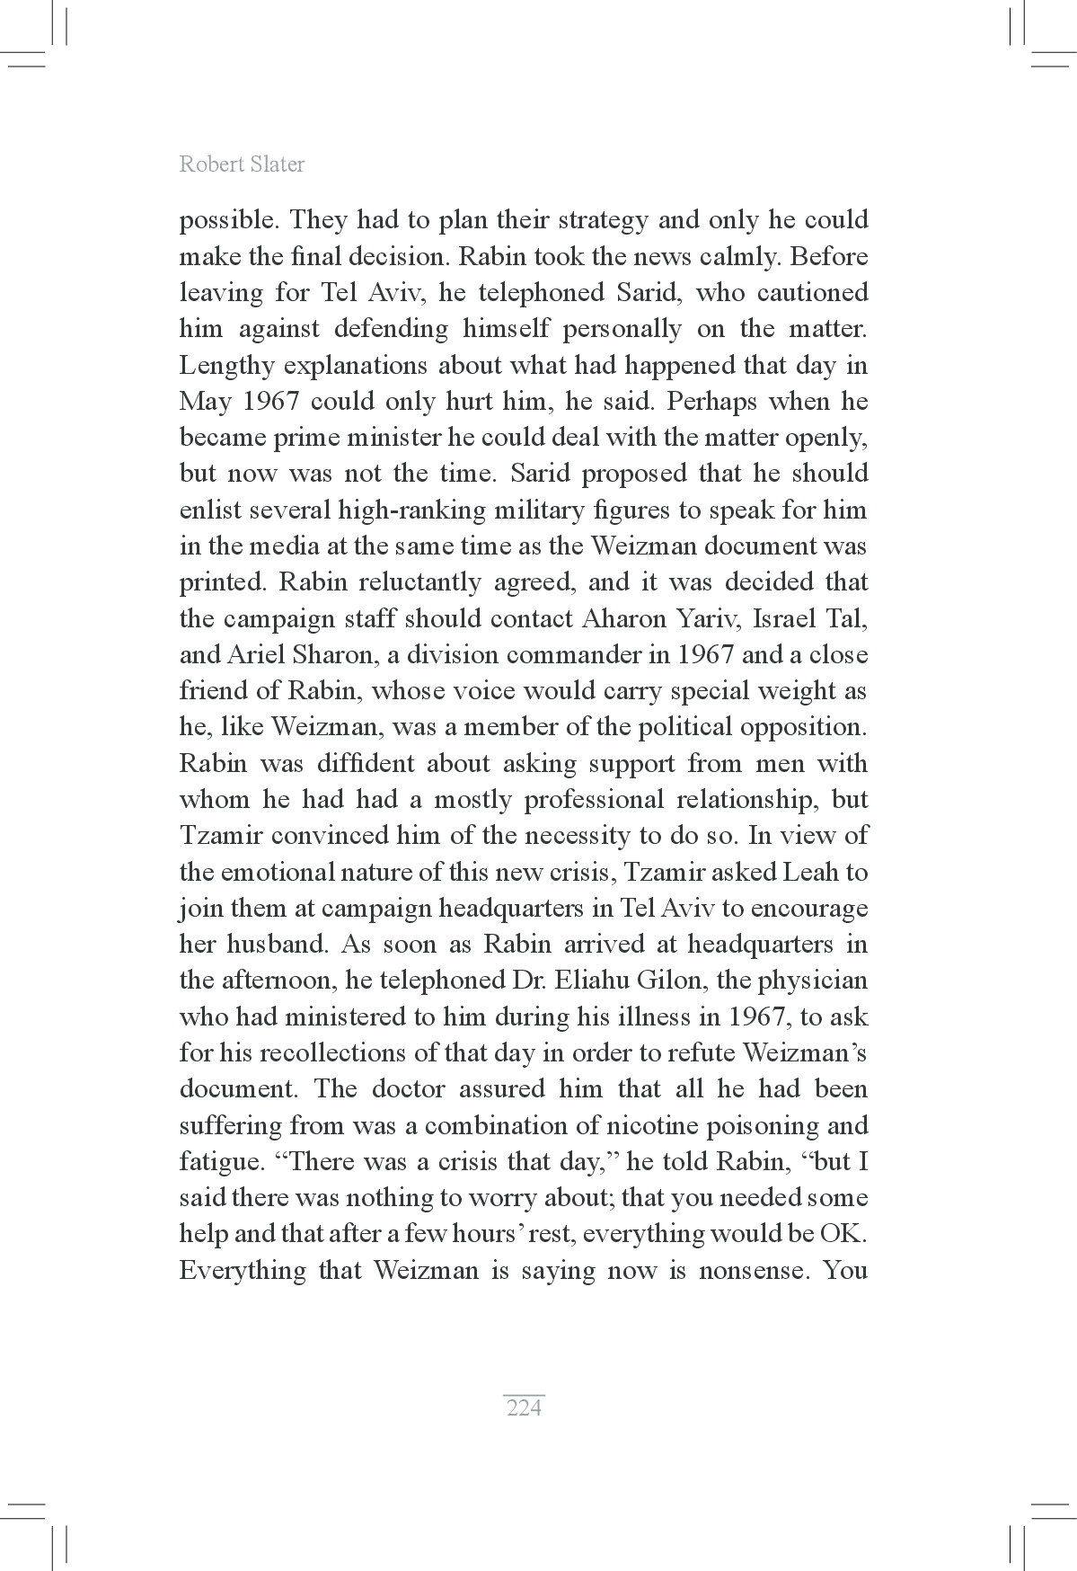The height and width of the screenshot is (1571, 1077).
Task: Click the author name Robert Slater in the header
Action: [242, 164]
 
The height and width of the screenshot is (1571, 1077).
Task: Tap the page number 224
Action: [525, 1407]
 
